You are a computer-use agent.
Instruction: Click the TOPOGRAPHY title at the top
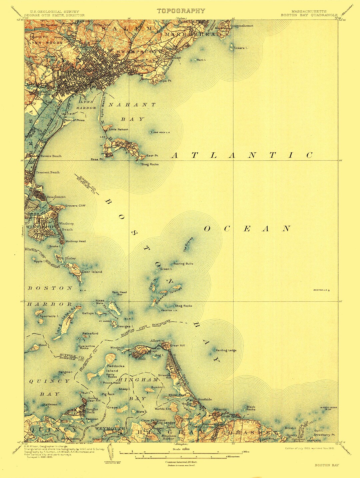point(181,11)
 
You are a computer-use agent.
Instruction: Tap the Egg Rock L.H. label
point(162,132)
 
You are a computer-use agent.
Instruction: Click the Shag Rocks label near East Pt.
point(150,164)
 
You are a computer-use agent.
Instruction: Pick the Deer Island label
point(92,272)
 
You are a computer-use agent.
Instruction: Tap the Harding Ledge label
point(226,350)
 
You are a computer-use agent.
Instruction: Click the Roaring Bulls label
point(183,264)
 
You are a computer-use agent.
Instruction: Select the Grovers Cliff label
point(75,206)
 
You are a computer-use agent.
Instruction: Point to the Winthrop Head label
point(75,241)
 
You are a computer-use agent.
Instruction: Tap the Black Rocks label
point(251,408)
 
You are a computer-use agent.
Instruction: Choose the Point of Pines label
point(74,120)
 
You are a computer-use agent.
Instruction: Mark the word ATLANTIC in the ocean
point(242,155)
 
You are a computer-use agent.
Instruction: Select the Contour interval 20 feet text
point(181,462)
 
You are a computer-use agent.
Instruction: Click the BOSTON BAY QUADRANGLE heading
point(309,15)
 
